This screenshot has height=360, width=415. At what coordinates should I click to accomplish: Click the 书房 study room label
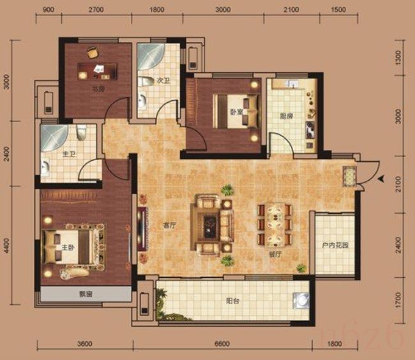98,89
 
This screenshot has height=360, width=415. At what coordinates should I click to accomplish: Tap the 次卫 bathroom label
163,81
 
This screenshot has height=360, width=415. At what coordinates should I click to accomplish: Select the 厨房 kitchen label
286,117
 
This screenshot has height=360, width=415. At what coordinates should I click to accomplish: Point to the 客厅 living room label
170,225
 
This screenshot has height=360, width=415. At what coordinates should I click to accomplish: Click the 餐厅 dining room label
283,253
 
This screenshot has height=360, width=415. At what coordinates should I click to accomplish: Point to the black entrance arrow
381,180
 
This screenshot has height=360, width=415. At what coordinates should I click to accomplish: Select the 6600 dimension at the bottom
221,345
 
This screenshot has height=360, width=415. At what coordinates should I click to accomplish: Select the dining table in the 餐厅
275,225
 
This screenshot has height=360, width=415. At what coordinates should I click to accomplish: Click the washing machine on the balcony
300,301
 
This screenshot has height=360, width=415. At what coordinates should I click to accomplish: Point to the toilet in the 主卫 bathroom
81,133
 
